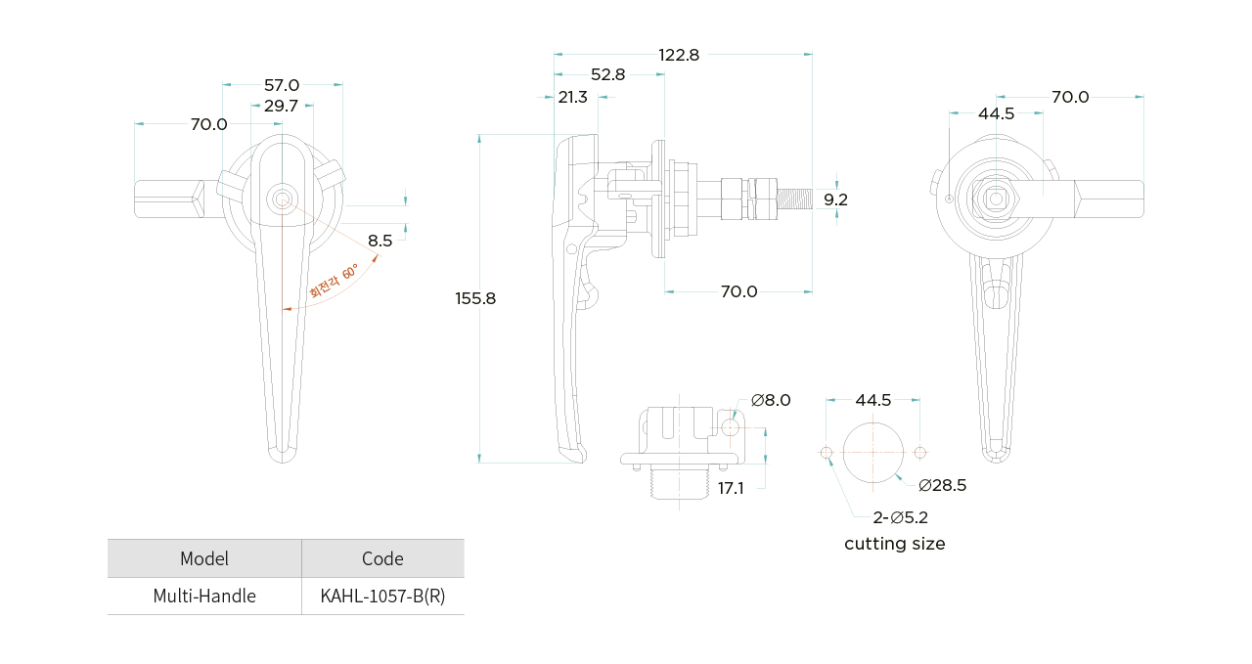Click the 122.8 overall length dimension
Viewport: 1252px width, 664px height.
[x=679, y=55]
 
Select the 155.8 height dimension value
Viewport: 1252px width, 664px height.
[x=475, y=298]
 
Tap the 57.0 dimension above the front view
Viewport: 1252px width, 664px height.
[x=282, y=85]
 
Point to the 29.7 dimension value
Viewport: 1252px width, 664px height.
[x=281, y=106]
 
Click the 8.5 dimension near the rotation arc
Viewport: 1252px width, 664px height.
[x=380, y=241]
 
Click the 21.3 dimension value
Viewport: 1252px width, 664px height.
[x=572, y=97]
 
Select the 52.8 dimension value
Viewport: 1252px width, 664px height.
[x=607, y=75]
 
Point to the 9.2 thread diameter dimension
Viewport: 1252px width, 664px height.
[x=835, y=199]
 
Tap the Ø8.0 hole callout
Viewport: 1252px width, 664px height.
[x=771, y=400]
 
